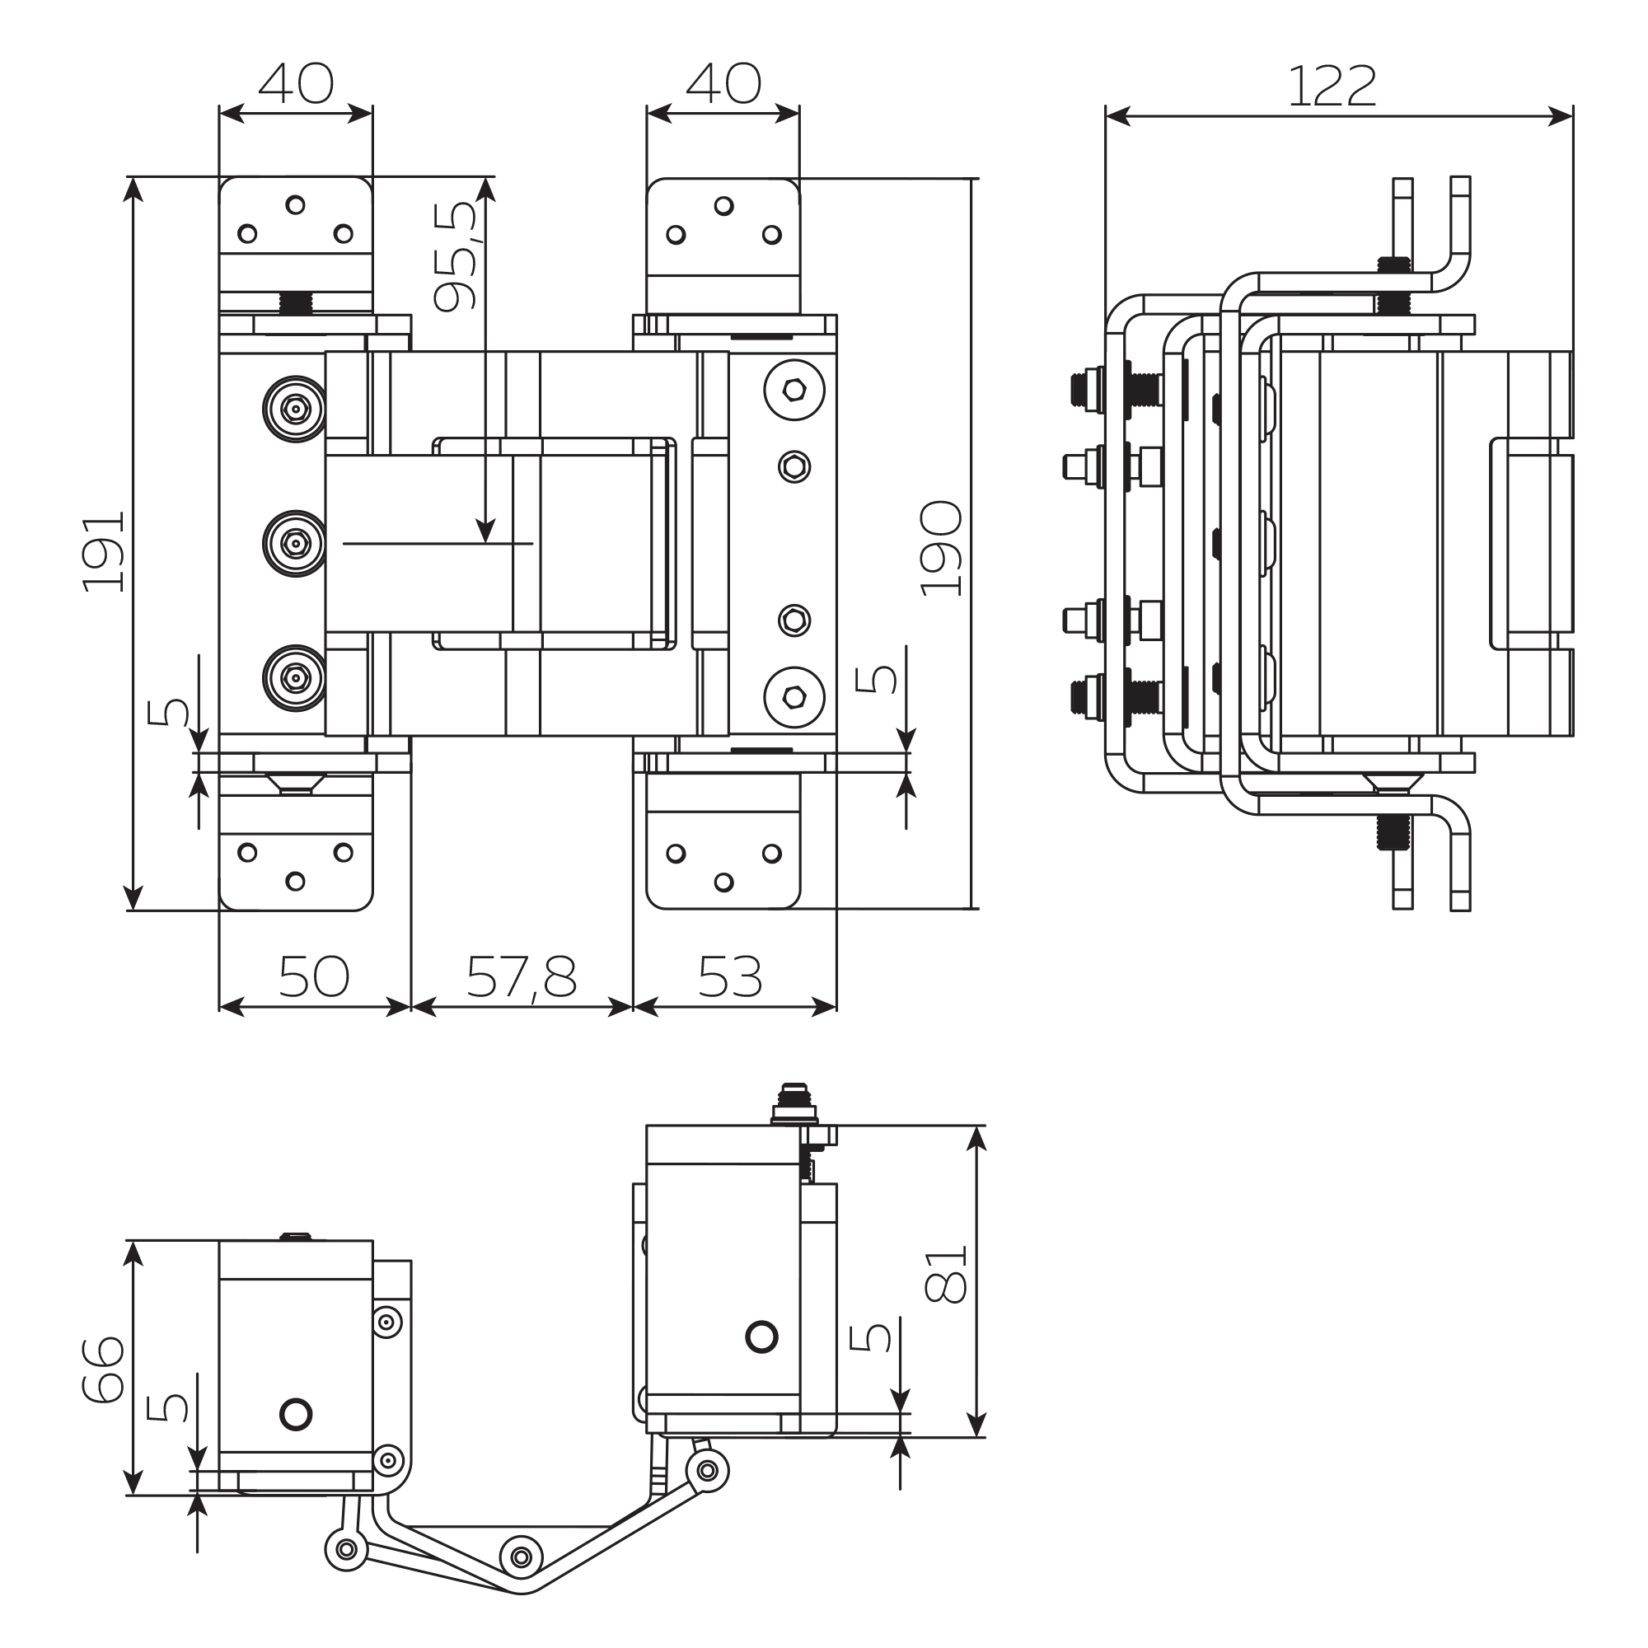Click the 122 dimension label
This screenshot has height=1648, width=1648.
coord(1332,87)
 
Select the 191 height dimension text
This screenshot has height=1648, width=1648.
coord(103,552)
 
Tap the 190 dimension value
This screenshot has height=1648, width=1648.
coord(941,549)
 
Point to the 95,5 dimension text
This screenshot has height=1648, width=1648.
coord(456,256)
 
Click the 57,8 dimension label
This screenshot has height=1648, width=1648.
coord(522,977)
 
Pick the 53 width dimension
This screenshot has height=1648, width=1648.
coord(729,977)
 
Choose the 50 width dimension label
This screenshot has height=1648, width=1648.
coord(314,977)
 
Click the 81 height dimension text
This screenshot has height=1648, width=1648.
coord(945,1274)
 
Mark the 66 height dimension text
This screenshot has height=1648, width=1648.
coord(103,1370)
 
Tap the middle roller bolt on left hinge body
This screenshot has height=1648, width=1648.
coord(295,543)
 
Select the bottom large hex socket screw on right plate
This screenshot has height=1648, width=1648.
coord(794,697)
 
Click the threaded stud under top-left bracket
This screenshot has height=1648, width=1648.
coord(295,302)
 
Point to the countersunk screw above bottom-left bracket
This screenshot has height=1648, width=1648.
coord(295,783)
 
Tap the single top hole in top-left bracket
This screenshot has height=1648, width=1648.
coord(295,204)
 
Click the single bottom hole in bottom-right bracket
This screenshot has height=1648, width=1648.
coord(723,882)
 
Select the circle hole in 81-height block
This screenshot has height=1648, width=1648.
coord(761,1337)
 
